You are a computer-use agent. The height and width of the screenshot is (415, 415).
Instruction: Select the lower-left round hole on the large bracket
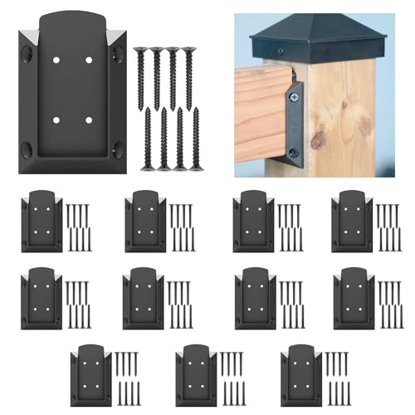(x=56, y=120)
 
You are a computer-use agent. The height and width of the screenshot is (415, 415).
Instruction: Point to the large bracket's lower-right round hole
(x=89, y=120)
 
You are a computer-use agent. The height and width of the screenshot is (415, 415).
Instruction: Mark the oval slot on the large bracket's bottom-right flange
(x=118, y=150)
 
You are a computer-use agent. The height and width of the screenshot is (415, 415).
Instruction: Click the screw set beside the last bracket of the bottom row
(x=336, y=375)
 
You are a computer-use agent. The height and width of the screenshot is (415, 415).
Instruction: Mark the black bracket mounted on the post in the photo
(x=295, y=124)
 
